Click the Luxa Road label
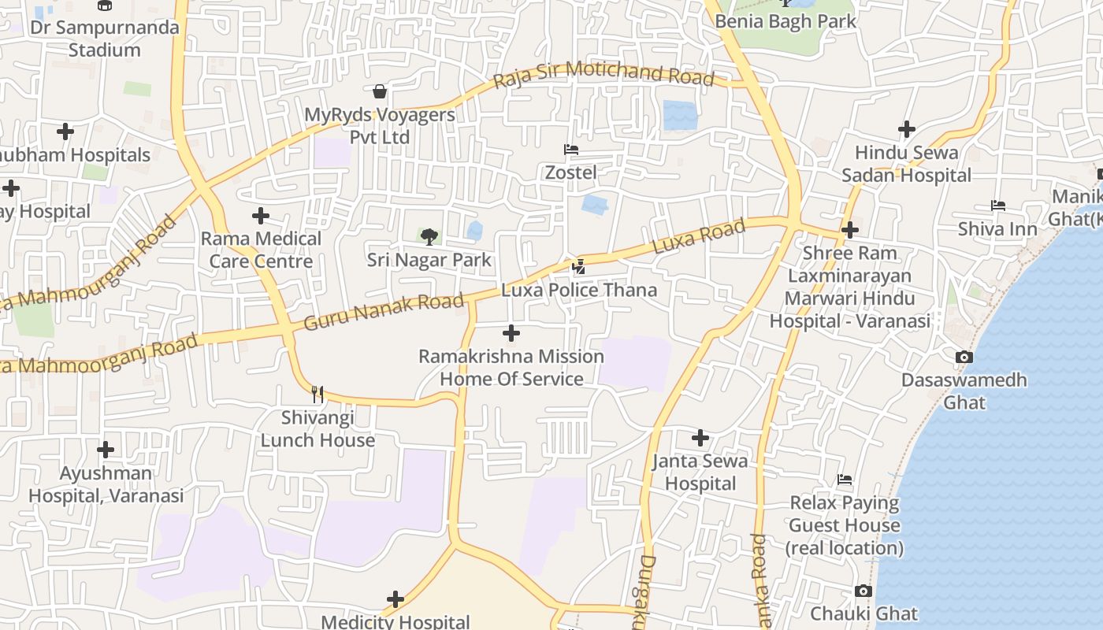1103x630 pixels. (699, 236)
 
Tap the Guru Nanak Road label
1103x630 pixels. (384, 311)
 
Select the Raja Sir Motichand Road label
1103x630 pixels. (603, 76)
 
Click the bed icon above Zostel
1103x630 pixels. (571, 150)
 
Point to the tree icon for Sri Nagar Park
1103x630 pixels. (429, 236)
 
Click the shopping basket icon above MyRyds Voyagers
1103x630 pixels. (380, 91)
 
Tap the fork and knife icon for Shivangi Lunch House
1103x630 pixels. (318, 394)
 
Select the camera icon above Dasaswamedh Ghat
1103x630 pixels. (964, 358)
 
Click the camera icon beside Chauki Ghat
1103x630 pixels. (863, 591)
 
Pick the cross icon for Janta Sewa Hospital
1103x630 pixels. (700, 438)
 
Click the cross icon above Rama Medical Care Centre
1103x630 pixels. (261, 216)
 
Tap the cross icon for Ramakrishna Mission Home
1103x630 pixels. (511, 333)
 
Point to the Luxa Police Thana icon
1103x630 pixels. (579, 267)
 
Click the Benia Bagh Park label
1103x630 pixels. (785, 21)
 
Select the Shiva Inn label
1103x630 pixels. (997, 228)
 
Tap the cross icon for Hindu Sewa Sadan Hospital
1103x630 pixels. (907, 129)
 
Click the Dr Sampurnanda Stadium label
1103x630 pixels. (105, 38)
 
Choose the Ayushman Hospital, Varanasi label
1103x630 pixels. (106, 484)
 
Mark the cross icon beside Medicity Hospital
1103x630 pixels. (396, 600)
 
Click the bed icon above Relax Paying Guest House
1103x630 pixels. (845, 480)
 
